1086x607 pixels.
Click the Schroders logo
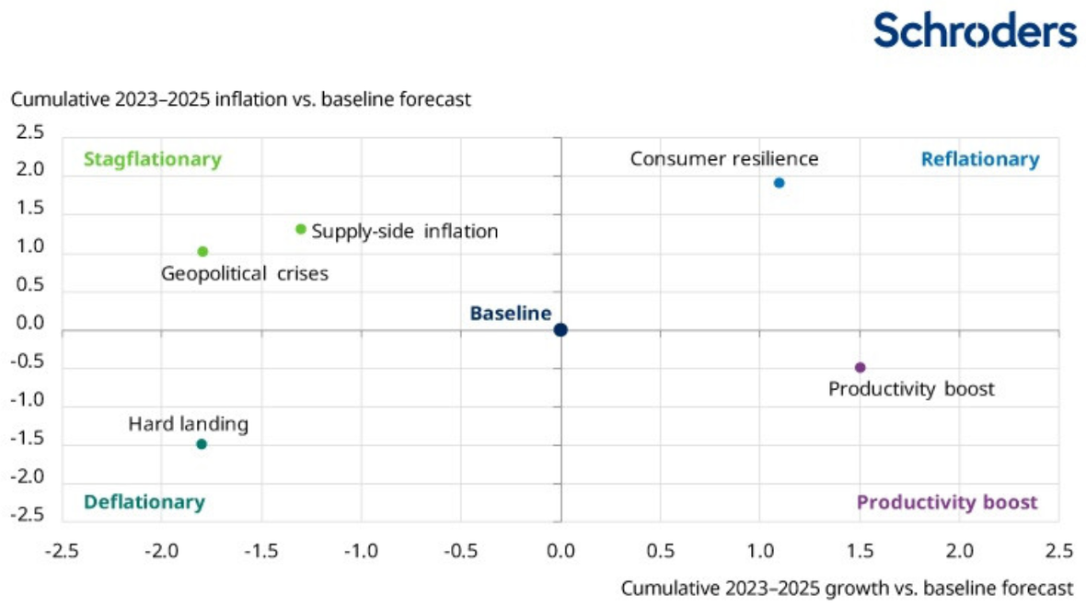coord(975,30)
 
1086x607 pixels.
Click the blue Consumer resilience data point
coord(779,183)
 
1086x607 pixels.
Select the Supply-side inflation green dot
coord(301,229)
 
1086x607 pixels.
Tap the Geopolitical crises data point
coord(202,251)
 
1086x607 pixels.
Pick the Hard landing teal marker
coord(202,444)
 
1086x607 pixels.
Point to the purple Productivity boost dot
coord(861,368)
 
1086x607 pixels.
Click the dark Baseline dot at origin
coord(560,330)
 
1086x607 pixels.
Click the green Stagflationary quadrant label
coord(152,159)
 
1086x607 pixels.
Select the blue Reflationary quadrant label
coord(980,159)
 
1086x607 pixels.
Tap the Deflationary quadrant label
coord(144,502)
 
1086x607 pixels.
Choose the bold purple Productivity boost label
coord(947,502)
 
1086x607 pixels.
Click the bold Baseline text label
coord(510,314)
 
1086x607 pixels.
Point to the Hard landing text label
coord(188,424)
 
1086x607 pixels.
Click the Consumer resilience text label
coord(723,158)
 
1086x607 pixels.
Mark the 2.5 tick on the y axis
coord(30,133)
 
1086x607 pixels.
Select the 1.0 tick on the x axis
coord(759,551)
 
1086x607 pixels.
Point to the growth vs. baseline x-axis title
coord(847,588)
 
